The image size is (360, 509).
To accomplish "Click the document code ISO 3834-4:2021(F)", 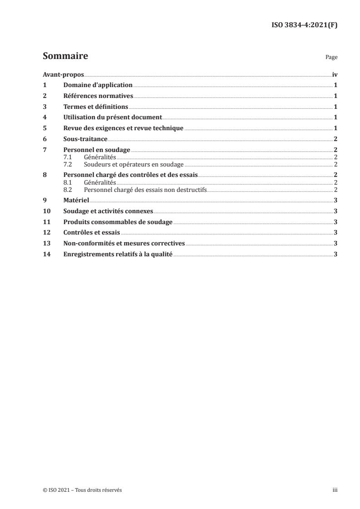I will click(x=304, y=25).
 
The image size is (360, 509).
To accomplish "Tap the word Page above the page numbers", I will click(x=331, y=58).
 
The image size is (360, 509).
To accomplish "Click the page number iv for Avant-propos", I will click(x=335, y=74).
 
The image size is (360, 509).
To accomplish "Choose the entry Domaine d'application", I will click(x=98, y=85).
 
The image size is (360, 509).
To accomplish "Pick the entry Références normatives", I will click(x=98, y=96).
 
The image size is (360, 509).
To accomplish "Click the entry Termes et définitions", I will click(x=96, y=107).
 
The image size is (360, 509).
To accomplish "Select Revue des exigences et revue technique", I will click(x=123, y=128).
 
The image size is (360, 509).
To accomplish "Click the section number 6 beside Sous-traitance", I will click(x=44, y=139).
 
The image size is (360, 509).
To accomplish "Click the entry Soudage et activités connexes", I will click(x=108, y=211).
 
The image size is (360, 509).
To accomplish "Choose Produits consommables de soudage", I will click(x=118, y=222).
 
